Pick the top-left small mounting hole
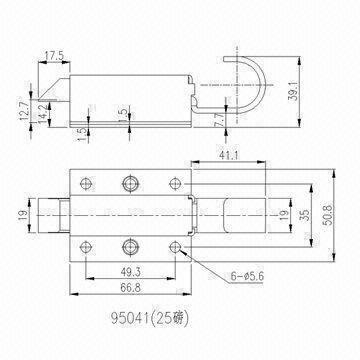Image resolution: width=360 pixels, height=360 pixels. [x=86, y=182]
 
